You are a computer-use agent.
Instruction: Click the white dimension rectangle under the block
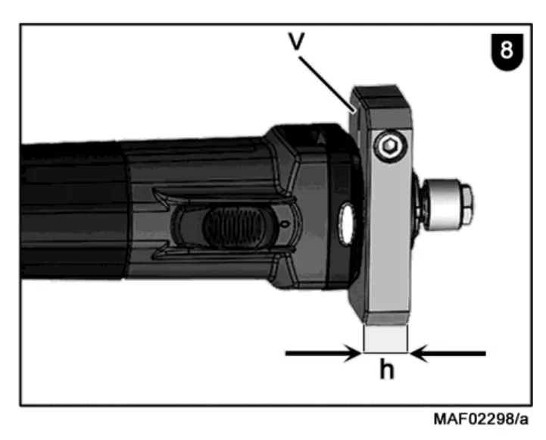tap(385, 338)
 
